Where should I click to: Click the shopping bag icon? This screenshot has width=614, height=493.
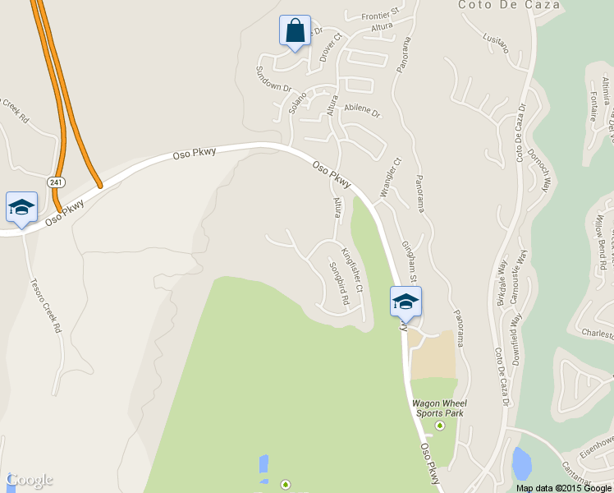pyautogui.click(x=295, y=30)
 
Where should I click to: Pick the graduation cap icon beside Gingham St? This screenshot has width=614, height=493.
pyautogui.click(x=405, y=302)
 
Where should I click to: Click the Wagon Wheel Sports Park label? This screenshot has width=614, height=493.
pyautogui.click(x=439, y=408)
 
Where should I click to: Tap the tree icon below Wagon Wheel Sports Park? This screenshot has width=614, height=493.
pyautogui.click(x=439, y=426)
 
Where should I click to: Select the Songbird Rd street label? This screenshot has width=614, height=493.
pyautogui.click(x=339, y=284)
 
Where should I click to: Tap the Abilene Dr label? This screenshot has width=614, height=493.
pyautogui.click(x=362, y=108)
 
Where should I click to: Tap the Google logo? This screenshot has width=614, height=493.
pyautogui.click(x=30, y=480)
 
